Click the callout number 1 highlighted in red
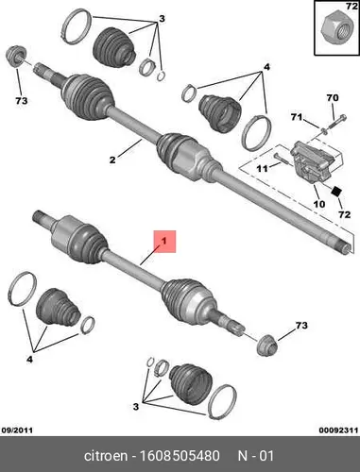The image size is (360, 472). coord(164,242)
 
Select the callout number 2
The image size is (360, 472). coord(112,160)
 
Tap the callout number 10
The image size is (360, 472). coord(319,204)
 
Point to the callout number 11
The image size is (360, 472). coord(262,169)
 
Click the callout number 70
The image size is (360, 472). coord(333,98)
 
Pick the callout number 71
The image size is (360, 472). coord(297,117)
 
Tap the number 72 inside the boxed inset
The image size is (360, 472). coord(351,6)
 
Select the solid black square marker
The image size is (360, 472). coord(336,191)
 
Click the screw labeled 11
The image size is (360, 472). coord(281,159)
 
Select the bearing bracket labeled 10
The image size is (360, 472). coord(316,163)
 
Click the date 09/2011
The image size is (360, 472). coord(17,430)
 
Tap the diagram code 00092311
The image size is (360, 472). coord(338,430)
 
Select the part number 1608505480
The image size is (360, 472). coord(180,456)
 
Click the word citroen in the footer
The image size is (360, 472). coord(106,456)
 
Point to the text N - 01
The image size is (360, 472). coord(256,456)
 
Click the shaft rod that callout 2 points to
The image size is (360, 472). coord(135,124)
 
